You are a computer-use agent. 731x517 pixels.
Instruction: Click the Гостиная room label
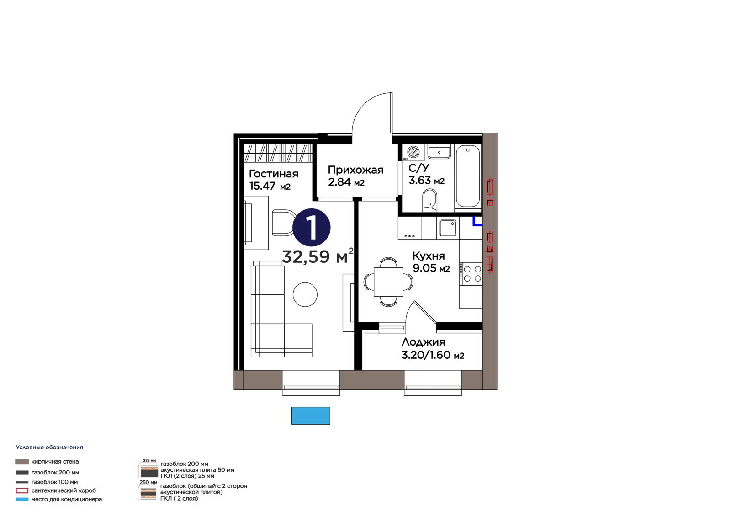tap(274, 173)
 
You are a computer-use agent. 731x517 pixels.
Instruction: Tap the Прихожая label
tap(355, 170)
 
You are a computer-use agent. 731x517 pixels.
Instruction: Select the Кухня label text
tap(429, 256)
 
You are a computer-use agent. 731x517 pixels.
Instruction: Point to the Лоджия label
tap(423, 342)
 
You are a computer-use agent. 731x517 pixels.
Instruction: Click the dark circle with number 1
tap(311, 227)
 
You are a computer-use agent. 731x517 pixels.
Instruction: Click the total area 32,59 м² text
tap(318, 256)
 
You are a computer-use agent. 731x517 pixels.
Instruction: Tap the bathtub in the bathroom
tap(468, 176)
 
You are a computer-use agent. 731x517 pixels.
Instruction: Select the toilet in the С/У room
tap(429, 200)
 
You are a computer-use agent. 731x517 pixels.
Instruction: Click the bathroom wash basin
tap(439, 152)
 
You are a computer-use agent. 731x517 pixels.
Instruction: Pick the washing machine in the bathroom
tap(413, 152)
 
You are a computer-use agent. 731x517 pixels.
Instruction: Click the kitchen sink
tap(448, 228)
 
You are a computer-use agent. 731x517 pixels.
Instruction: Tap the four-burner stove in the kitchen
tap(471, 274)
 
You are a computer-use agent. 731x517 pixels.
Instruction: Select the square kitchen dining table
tap(388, 282)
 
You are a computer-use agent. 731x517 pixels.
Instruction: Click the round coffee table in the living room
tap(305, 294)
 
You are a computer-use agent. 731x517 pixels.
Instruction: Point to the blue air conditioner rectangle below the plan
tap(311, 416)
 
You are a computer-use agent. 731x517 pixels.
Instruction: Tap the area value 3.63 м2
tap(426, 180)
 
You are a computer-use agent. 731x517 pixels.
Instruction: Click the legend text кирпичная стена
tap(55, 462)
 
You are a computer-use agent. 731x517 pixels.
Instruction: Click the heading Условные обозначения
tap(49, 447)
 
